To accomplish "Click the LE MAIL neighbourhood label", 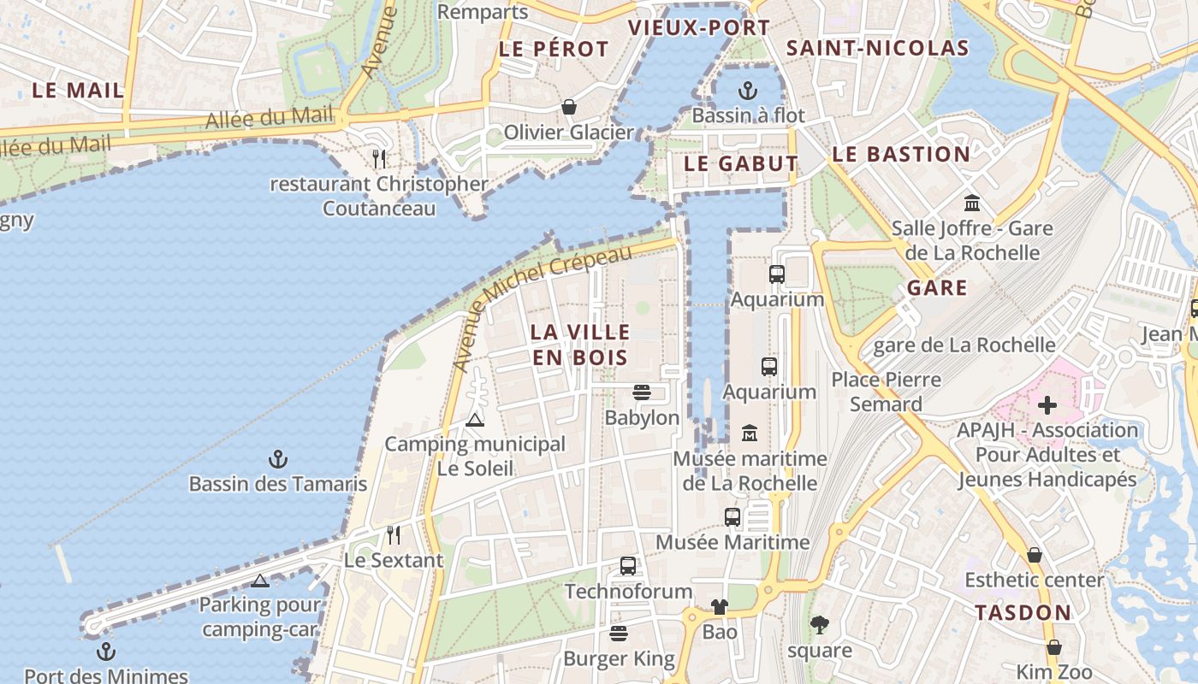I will tap(78, 90).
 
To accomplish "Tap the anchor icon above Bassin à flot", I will tap(748, 90).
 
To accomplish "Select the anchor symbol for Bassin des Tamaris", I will tap(277, 459).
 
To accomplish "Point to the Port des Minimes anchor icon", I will tap(105, 652).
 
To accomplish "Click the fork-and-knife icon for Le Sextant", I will tap(394, 535).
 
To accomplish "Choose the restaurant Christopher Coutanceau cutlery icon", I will tap(380, 158).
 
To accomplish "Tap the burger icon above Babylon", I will tap(642, 392).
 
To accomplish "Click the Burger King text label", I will tap(619, 659).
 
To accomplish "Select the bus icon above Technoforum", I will tap(628, 566).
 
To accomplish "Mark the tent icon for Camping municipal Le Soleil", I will tap(474, 420).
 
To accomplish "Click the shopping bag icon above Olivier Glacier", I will tap(568, 107).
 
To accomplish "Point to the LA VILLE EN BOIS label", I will tap(580, 345).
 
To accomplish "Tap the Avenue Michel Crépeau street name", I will tap(543, 306).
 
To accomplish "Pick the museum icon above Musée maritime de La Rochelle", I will tap(750, 433).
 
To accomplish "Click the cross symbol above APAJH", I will tap(1047, 405).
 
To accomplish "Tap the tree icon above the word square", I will tap(820, 625).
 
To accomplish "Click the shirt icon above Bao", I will tap(719, 607).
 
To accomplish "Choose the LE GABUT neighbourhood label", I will tap(741, 163).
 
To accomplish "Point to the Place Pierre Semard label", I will tap(887, 392).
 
